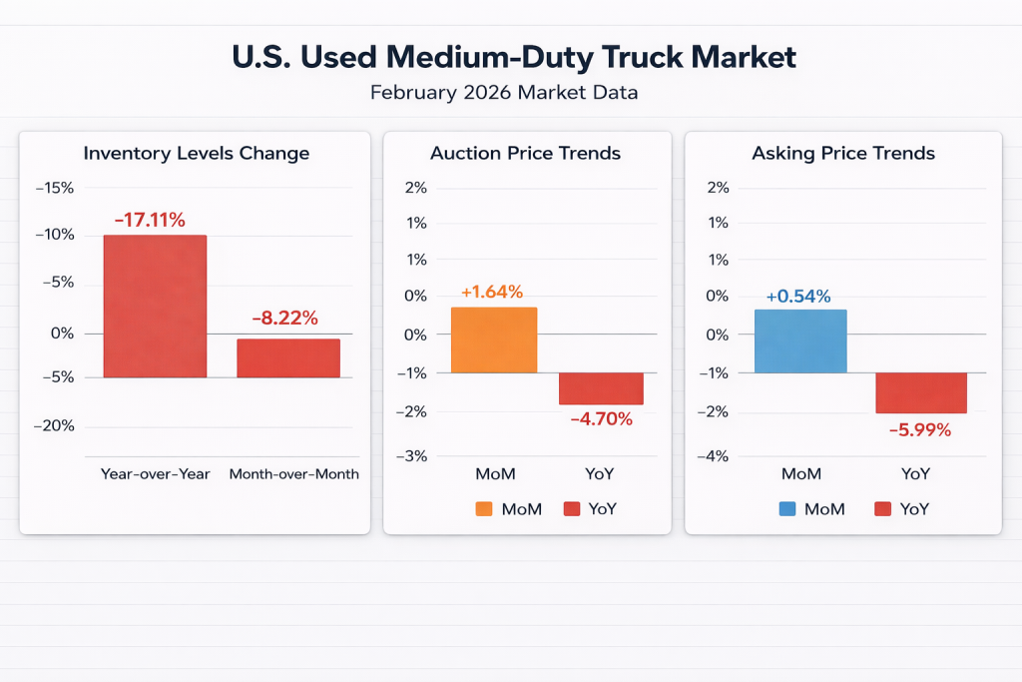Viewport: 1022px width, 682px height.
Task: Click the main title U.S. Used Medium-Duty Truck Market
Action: coord(514,57)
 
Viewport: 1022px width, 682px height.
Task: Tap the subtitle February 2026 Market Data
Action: coord(504,93)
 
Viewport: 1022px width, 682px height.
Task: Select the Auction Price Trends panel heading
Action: coord(525,153)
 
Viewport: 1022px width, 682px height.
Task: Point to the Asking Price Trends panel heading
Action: coord(842,153)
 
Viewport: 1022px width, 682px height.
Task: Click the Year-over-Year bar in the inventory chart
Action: coord(155,306)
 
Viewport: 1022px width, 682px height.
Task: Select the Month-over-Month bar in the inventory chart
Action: coord(287,357)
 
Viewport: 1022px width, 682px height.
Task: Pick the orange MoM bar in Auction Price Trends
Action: coord(494,340)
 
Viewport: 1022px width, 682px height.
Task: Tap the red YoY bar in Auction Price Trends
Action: coord(601,388)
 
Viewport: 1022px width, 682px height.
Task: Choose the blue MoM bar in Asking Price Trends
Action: coord(800,341)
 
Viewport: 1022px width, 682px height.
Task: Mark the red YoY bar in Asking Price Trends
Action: coord(920,392)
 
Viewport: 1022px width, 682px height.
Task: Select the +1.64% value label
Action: coord(491,293)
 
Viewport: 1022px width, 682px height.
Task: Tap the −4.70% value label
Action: coord(601,419)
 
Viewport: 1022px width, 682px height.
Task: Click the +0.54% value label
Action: coord(797,296)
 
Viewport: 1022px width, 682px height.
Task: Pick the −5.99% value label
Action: coord(919,430)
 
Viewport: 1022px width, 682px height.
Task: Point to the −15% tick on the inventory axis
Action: coord(54,188)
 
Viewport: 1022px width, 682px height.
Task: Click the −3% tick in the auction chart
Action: coord(413,456)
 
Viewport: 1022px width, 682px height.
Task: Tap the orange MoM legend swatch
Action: coord(484,508)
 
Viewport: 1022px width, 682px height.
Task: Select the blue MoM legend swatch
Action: coord(786,508)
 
